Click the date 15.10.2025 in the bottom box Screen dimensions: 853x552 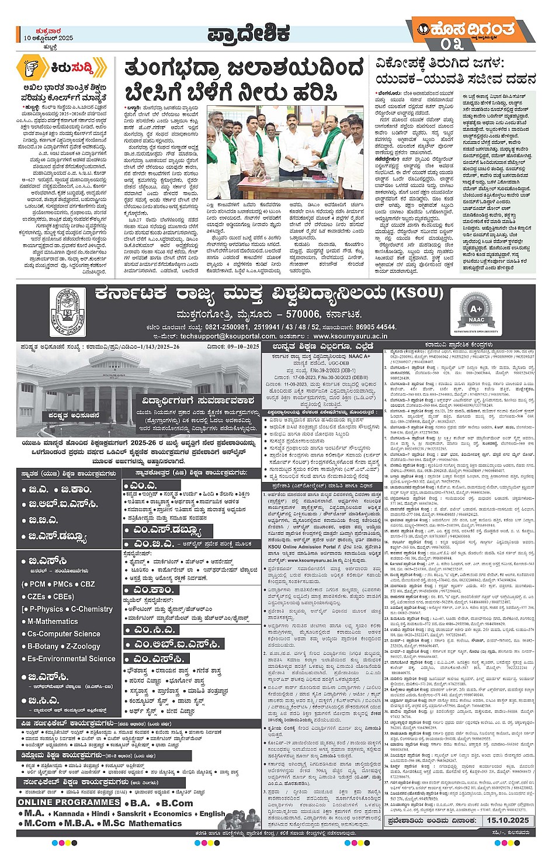[507, 820]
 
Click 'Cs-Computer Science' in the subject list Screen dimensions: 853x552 [64, 634]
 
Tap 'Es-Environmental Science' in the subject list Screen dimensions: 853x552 [71, 658]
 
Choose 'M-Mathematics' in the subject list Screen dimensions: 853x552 [52, 622]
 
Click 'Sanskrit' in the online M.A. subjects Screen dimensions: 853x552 [131, 813]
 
